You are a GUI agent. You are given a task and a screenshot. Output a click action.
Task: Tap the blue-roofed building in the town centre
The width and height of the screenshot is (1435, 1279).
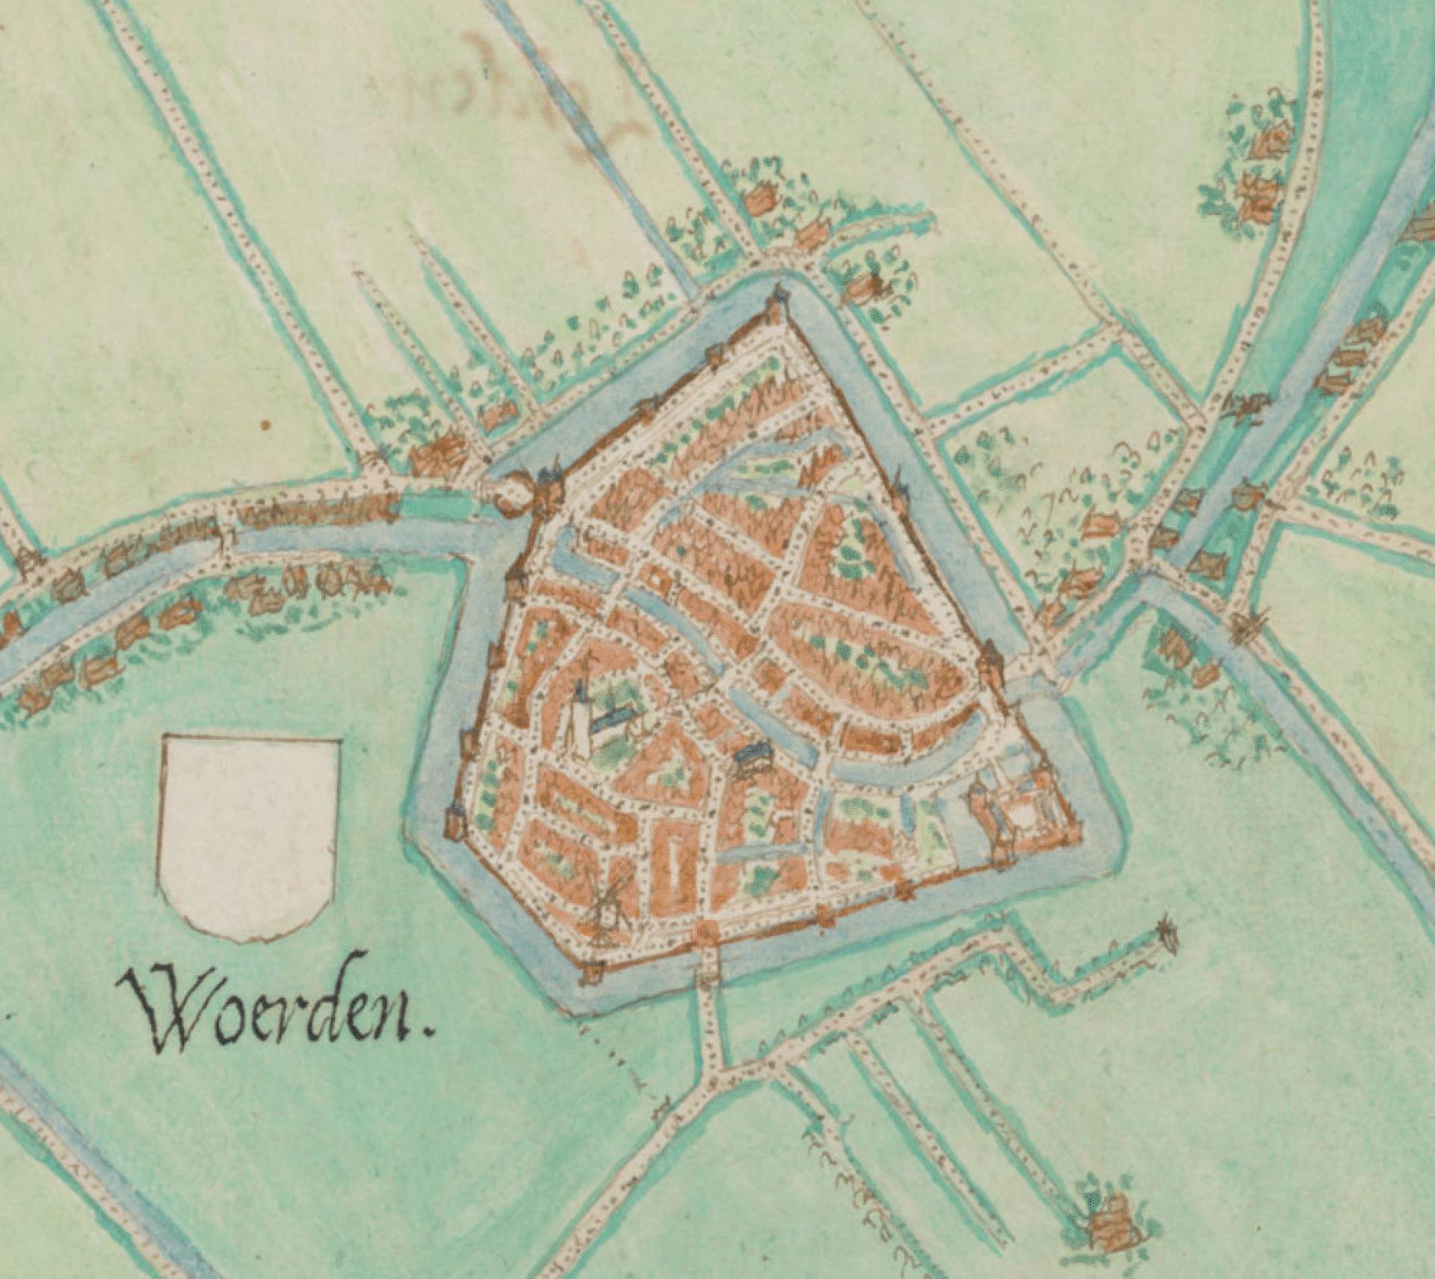click(753, 753)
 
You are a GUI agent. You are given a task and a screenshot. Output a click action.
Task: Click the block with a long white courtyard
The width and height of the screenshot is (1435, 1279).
click(676, 871)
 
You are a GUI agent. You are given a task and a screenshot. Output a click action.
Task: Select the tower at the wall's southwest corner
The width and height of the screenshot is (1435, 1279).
click(593, 972)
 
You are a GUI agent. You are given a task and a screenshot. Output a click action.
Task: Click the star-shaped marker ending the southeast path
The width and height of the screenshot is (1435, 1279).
click(1167, 934)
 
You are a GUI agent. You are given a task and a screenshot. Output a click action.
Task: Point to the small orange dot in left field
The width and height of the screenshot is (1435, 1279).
click(263, 426)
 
